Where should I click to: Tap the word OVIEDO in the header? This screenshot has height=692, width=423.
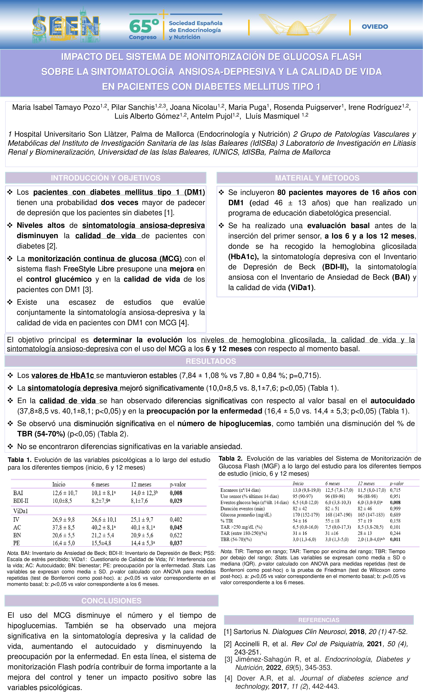375,27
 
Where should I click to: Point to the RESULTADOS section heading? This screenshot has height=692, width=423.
211,361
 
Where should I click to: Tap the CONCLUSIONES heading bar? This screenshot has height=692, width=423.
111,601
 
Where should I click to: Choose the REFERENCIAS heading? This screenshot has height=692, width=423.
319,620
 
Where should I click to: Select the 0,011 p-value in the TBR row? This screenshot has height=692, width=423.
395,539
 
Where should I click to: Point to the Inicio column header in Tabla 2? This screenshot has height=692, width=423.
298,483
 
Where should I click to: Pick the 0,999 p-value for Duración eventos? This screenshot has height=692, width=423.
395,508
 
